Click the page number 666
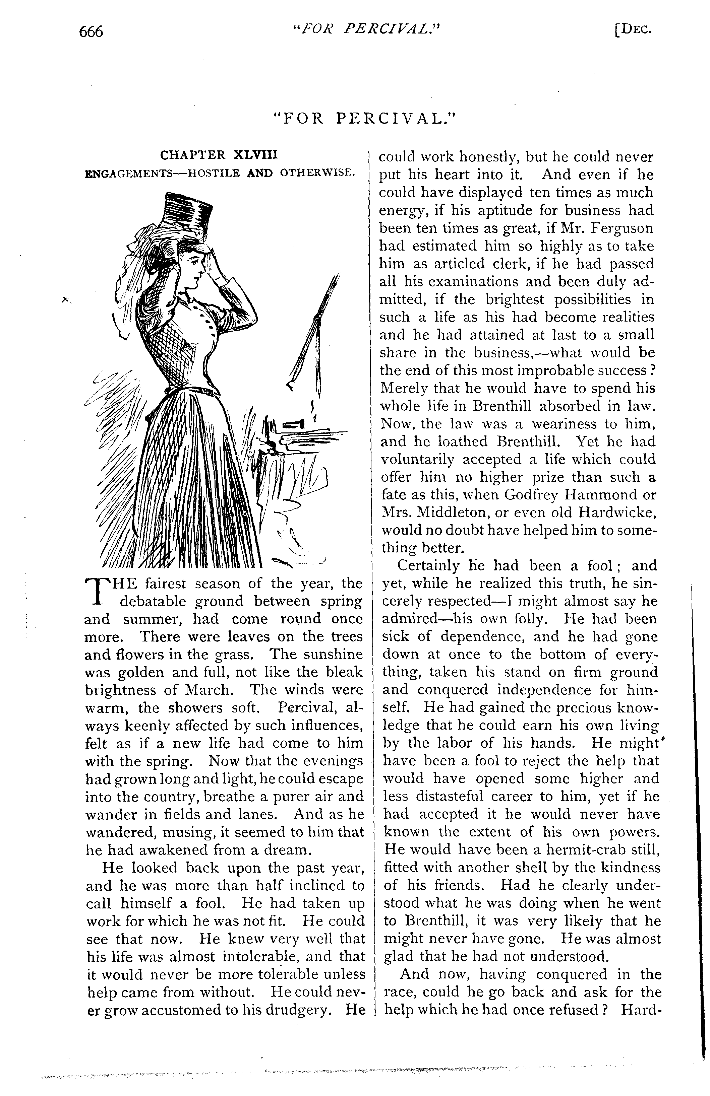pyautogui.click(x=91, y=32)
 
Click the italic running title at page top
pyautogui.click(x=367, y=29)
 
